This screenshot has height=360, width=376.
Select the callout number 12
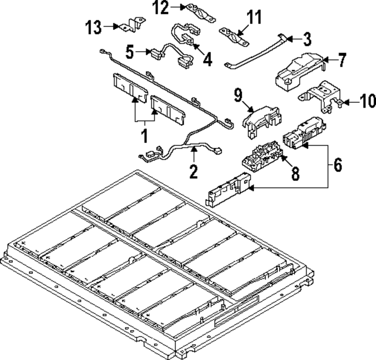[x=161, y=8]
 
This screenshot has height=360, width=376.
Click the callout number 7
[x=341, y=60]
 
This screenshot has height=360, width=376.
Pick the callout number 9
[x=238, y=95]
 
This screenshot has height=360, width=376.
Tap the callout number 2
[x=193, y=171]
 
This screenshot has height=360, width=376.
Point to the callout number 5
[x=130, y=51]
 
